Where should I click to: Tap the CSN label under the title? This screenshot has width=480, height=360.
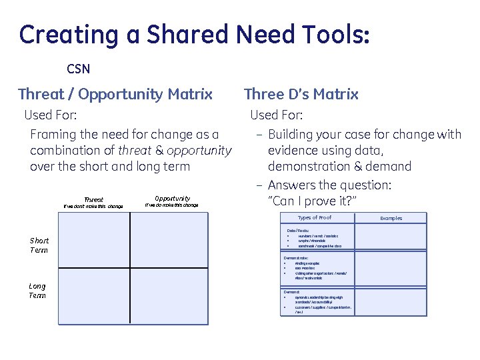point(78,69)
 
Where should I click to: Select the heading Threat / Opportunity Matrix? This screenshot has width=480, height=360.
point(115,94)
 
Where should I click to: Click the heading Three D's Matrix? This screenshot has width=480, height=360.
point(301,94)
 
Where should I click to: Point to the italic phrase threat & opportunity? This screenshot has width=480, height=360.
point(175,150)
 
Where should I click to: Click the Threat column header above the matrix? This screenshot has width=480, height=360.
point(93,199)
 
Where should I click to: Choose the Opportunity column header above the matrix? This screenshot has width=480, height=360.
point(172,198)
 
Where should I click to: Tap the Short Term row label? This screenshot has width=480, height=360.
point(39,245)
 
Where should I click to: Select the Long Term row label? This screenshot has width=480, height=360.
point(37,291)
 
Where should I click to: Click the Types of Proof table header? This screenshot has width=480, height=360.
point(314,217)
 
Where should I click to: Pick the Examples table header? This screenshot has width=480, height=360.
point(391,218)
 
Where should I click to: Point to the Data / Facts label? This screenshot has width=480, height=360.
point(298,231)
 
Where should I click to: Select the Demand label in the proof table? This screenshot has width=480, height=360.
point(292,292)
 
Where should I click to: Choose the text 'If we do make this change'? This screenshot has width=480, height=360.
point(171,205)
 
